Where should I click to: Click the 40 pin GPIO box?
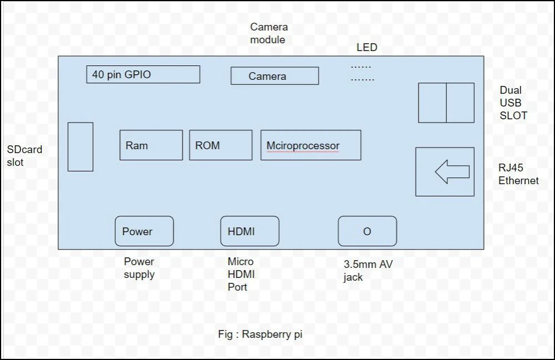pyautogui.click(x=143, y=74)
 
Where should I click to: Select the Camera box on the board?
pyautogui.click(x=275, y=76)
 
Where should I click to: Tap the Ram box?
pyautogui.click(x=151, y=145)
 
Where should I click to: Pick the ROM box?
pyautogui.click(x=220, y=145)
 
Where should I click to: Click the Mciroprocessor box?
pyautogui.click(x=311, y=145)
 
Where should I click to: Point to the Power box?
pyautogui.click(x=144, y=231)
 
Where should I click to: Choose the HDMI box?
pyautogui.click(x=250, y=231)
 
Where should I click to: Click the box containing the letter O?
pyautogui.click(x=367, y=231)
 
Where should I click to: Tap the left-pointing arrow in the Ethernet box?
pyautogui.click(x=452, y=172)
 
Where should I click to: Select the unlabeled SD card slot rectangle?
pyautogui.click(x=80, y=147)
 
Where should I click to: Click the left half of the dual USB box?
pyautogui.click(x=432, y=103)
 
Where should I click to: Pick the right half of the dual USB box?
pyautogui.click(x=460, y=103)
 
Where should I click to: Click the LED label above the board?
pyautogui.click(x=367, y=48)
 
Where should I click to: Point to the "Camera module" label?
pyautogui.click(x=269, y=33)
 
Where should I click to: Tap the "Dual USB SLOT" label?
pyautogui.click(x=513, y=103)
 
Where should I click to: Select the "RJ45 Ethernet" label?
pyautogui.click(x=518, y=174)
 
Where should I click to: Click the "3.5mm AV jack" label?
pyautogui.click(x=368, y=271)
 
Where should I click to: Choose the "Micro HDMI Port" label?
pyautogui.click(x=241, y=274)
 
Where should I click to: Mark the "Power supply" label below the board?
pyautogui.click(x=139, y=268)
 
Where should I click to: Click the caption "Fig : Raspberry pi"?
pyautogui.click(x=260, y=334)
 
